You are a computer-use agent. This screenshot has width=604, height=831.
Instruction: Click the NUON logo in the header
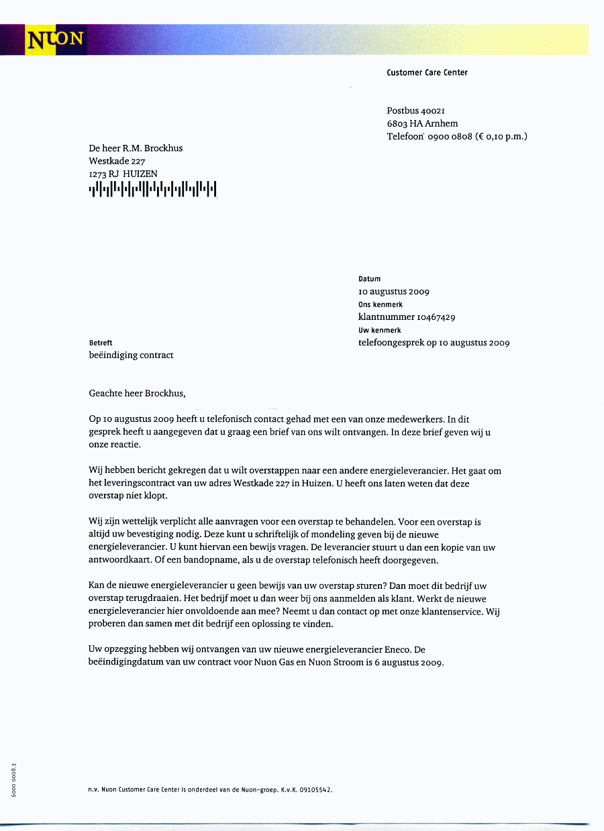click(55, 40)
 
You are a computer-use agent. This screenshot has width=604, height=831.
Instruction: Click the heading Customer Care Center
click(427, 72)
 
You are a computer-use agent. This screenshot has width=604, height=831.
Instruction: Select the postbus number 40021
click(434, 111)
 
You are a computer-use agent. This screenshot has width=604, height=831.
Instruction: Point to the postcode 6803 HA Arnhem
click(422, 123)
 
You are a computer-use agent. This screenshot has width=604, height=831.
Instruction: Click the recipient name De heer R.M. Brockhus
click(136, 148)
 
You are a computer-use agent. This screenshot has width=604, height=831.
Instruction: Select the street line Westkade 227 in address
click(117, 161)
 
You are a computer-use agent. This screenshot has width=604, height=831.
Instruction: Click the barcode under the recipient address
click(152, 190)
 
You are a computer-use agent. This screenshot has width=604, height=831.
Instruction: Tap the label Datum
click(369, 279)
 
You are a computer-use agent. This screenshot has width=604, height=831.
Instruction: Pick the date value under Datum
click(394, 292)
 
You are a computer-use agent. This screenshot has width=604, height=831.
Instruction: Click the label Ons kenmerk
click(380, 304)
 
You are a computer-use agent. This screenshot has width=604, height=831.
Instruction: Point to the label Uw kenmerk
click(379, 330)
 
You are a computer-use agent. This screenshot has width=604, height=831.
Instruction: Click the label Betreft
click(101, 343)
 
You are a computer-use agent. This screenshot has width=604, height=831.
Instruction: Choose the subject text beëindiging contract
click(131, 355)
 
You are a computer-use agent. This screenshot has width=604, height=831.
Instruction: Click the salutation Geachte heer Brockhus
click(137, 394)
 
